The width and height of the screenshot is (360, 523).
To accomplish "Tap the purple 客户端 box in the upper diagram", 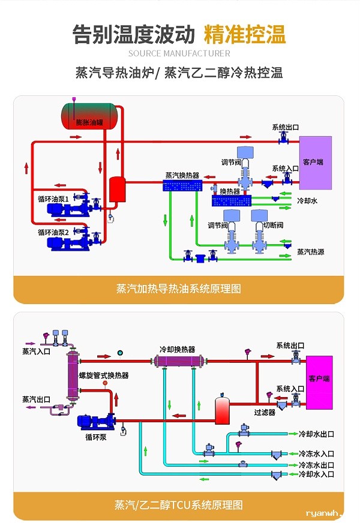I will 315,163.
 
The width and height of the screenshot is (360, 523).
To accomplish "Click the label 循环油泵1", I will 53,198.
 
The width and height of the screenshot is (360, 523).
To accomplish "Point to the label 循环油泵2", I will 53,232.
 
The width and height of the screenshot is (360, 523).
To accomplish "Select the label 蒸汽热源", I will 311,252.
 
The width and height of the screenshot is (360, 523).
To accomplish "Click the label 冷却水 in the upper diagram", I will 307,201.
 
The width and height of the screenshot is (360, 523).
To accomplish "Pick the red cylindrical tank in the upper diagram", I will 116,190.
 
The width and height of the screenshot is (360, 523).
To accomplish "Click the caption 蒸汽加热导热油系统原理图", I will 179,288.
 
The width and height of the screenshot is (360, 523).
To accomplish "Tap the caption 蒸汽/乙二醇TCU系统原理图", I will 179,504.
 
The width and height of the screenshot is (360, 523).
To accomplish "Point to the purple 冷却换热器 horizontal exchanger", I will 179,362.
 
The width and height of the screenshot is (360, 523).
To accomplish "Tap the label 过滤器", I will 265,413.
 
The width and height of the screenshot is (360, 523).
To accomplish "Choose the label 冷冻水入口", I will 316,454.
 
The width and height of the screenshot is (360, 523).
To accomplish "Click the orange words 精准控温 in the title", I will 245,34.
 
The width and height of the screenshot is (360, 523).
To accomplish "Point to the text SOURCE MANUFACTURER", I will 179,54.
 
